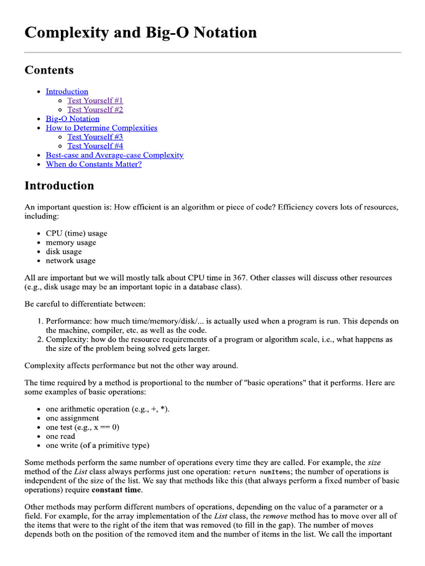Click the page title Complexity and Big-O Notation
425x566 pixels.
coord(141,33)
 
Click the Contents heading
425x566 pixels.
coord(49,70)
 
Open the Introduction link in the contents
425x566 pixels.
coord(67,91)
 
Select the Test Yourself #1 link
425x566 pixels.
coord(95,101)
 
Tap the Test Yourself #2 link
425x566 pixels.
coord(95,109)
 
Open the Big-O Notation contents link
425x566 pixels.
coord(72,119)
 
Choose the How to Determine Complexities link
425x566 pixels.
coord(101,128)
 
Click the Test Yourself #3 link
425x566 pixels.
coord(95,137)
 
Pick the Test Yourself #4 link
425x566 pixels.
coord(95,146)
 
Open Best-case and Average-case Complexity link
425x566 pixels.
coord(115,155)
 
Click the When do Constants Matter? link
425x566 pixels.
coord(94,164)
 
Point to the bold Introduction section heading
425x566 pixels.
coord(59,186)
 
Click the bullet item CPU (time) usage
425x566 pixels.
coord(76,233)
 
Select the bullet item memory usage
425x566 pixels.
coord(71,243)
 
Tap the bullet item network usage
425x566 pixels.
coord(71,261)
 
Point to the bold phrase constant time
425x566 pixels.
coord(117,490)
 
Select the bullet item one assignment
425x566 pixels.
coord(72,418)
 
